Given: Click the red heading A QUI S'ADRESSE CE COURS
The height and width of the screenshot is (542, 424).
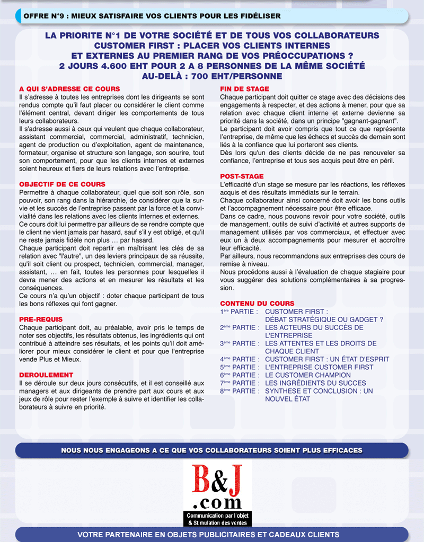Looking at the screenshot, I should (69, 89).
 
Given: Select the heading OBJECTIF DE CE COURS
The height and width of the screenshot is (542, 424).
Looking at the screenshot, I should (62, 184).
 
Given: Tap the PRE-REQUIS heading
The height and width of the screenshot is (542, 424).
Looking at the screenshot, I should (41, 319).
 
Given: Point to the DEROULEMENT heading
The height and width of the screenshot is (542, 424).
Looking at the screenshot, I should (46, 375).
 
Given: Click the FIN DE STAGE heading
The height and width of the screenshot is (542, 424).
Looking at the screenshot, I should (244, 89).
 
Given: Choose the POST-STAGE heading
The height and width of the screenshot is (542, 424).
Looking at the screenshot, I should (242, 176).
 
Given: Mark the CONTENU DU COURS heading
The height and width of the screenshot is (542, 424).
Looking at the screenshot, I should (257, 304).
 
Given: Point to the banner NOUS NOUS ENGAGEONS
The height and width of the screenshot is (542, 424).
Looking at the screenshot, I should (211, 450).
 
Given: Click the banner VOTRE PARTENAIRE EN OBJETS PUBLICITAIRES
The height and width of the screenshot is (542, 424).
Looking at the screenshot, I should (211, 535).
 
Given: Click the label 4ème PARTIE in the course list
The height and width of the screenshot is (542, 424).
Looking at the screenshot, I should (239, 359).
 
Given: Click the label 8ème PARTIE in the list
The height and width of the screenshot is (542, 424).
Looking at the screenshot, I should (239, 391).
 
